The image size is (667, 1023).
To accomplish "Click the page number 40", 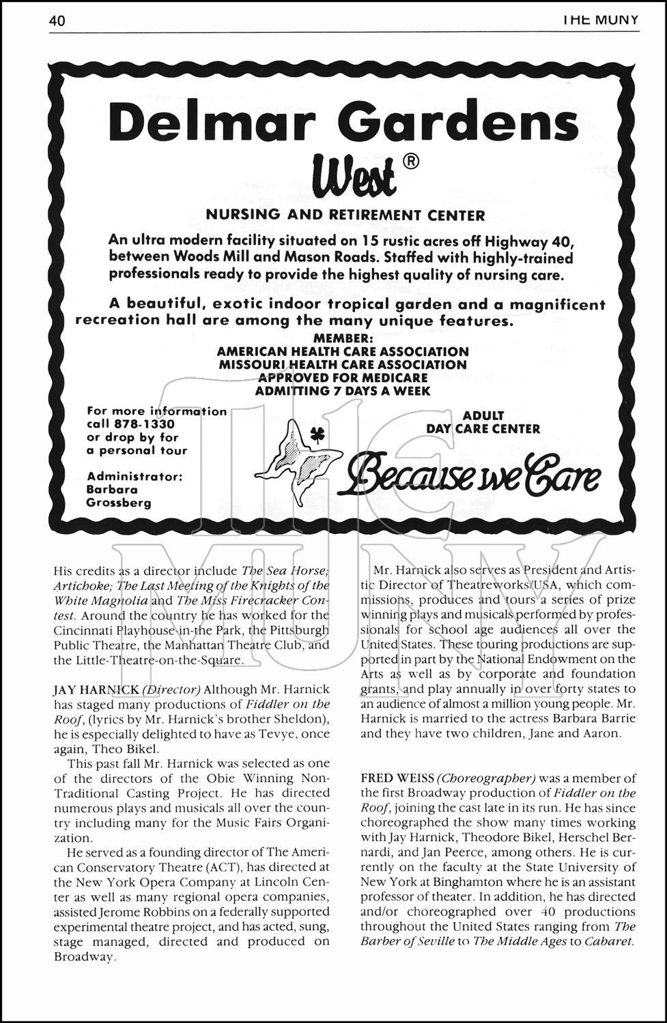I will (57, 22).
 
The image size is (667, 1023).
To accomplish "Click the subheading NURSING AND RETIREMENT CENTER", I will (345, 216).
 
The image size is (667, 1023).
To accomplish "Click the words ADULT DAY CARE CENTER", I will (483, 422).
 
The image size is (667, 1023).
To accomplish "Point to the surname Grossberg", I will (119, 503).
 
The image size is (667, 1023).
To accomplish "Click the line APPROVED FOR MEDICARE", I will (343, 378).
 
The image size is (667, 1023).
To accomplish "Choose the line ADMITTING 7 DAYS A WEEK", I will (343, 391).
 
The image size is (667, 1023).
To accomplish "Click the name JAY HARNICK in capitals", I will (94, 690).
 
